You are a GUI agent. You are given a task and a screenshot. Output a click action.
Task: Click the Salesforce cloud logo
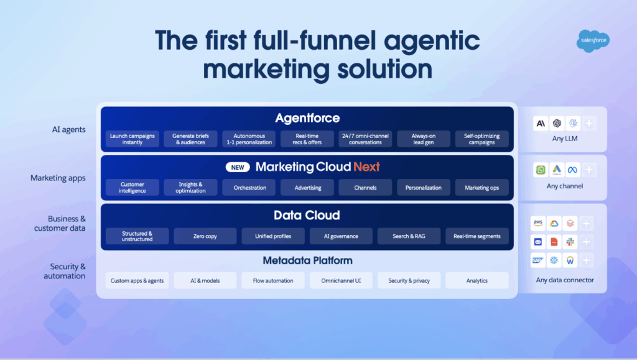tap(593, 41)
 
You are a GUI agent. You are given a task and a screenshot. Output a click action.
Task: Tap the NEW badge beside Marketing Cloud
tap(238, 167)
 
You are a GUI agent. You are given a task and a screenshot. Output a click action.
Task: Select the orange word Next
tap(366, 167)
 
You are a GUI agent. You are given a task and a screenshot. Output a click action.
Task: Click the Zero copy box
tap(205, 236)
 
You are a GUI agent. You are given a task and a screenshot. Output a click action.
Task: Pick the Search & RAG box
tap(409, 236)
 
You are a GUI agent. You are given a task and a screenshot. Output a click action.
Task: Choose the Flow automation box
tap(273, 280)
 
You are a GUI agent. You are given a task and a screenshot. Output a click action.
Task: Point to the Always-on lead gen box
tap(423, 139)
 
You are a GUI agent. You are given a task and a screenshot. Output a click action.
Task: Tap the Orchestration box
tap(249, 188)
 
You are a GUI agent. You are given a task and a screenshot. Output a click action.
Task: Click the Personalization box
tap(423, 188)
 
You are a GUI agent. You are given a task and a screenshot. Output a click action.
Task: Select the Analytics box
tap(477, 280)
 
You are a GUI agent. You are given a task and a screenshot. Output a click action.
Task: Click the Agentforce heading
tap(307, 118)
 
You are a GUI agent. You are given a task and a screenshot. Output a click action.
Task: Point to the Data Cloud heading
tap(307, 215)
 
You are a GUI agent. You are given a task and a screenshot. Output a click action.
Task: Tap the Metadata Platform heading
tap(307, 261)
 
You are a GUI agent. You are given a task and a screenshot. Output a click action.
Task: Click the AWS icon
tap(538, 223)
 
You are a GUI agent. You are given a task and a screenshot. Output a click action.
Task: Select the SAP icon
tap(538, 261)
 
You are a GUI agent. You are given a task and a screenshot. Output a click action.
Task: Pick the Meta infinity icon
tap(572, 170)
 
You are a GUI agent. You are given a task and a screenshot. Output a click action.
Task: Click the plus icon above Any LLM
tap(589, 123)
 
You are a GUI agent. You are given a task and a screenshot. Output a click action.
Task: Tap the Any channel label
tap(565, 187)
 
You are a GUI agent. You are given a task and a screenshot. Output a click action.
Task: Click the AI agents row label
tap(68, 129)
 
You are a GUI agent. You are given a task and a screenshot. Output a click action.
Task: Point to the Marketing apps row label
tap(58, 178)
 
